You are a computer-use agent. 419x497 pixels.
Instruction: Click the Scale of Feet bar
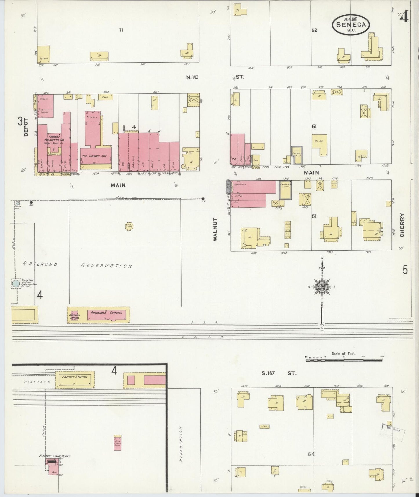pos(344,360)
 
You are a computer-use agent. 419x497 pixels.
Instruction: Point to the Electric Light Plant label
pos(55,456)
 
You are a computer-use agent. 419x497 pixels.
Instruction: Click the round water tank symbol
pos(16,283)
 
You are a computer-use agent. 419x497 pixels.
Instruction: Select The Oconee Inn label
pos(94,156)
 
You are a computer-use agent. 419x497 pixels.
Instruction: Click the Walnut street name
pos(215,229)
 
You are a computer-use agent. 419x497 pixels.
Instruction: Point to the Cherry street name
pos(402,225)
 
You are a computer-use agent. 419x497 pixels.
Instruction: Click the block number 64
pos(311,454)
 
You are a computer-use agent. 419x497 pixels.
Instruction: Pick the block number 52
pos(314,30)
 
